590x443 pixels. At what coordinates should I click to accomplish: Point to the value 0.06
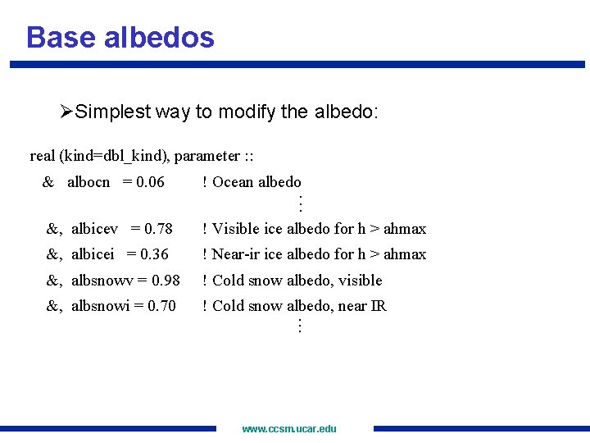150,182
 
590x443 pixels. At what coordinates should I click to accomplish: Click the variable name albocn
88,182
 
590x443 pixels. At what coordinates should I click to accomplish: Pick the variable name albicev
94,229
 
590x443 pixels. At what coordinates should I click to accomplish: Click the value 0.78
158,229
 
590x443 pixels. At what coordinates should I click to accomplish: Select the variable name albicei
93,254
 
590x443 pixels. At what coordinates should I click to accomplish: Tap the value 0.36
154,254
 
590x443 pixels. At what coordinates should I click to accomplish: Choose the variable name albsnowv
102,281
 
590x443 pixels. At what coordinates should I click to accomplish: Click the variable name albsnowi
100,306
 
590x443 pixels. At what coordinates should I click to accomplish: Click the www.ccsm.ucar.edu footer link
289,428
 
